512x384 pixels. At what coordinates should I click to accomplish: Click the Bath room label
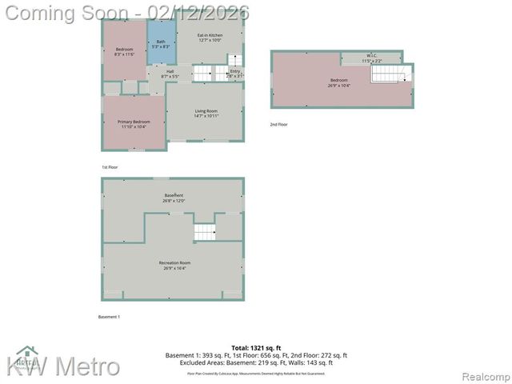tap(161, 44)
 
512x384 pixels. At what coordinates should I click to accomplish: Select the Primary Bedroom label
tap(134, 123)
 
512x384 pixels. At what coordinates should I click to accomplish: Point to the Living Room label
tap(206, 114)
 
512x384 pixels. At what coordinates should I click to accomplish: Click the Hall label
tap(170, 74)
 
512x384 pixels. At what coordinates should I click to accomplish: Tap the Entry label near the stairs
tap(235, 74)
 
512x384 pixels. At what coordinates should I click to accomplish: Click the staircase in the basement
tap(206, 232)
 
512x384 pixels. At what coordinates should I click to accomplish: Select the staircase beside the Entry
tap(221, 73)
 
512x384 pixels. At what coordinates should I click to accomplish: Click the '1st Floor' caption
tap(110, 166)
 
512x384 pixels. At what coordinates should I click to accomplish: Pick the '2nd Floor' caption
tap(278, 124)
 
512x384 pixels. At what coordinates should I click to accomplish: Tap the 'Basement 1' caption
tap(109, 317)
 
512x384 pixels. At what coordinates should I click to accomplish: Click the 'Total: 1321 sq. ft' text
tap(256, 348)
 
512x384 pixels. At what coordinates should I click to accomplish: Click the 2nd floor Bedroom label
tap(339, 82)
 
